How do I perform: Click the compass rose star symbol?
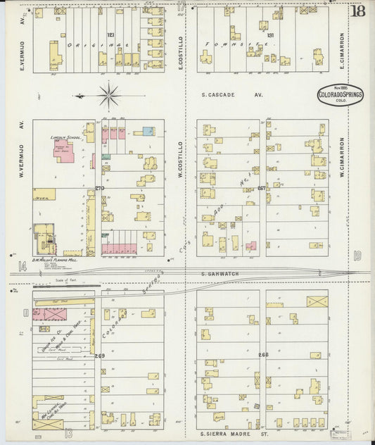tap(109, 94)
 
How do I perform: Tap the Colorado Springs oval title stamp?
tap(341, 94)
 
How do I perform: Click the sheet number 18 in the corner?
tap(359, 11)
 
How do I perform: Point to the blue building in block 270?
tap(148, 131)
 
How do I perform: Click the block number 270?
tap(99, 188)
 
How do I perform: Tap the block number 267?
tap(262, 188)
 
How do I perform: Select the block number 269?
tap(99, 356)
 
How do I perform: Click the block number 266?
tap(263, 355)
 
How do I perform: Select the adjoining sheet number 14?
tap(22, 265)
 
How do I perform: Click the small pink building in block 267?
tap(251, 245)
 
